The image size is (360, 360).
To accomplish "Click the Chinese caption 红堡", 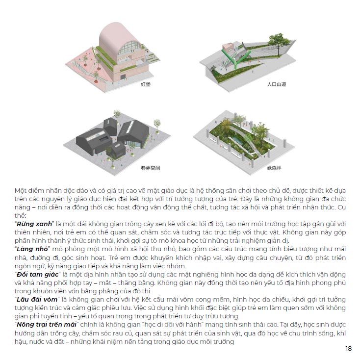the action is tap(146, 84).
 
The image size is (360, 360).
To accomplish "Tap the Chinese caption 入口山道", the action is tap(277, 84).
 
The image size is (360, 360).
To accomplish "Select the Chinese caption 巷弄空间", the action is tap(151, 168).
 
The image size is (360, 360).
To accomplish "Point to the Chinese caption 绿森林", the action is tap(274, 168).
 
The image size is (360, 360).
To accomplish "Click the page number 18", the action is tap(348, 349).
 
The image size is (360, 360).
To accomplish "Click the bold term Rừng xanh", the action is tap(34, 224).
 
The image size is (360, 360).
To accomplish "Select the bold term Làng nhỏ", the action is tap(32, 249).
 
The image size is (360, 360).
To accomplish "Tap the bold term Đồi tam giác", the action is tap(38, 275).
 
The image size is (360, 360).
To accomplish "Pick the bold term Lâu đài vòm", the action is tap(37, 300).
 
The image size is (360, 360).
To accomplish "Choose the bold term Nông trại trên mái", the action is tap(47, 325).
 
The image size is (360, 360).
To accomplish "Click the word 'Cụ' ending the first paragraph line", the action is tap(342, 207).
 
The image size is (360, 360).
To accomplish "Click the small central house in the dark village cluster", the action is tap(116, 150).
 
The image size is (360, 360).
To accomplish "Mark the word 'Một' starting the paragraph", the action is tap(20, 191).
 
